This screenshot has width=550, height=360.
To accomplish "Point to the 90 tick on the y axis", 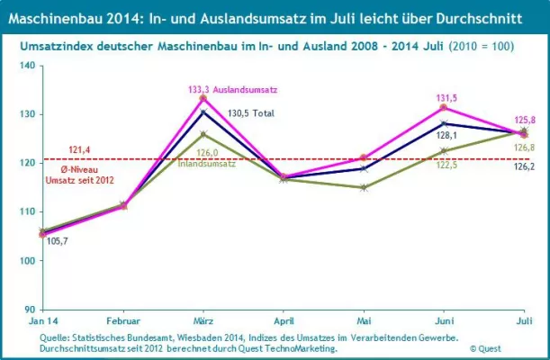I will tap(27, 310).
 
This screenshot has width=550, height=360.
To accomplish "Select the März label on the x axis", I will tap(203, 320).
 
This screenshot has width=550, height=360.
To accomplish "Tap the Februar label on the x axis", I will tap(123, 320).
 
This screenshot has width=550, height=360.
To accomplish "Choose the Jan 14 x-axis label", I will tap(43, 320).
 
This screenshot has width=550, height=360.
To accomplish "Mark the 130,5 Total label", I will tap(248, 112).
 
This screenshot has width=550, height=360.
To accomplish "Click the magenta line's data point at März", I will tap(203, 98).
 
